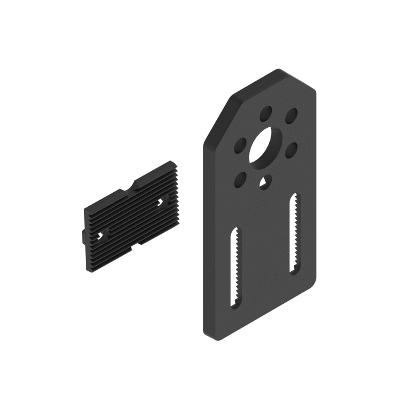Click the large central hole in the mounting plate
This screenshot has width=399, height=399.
coord(265,147)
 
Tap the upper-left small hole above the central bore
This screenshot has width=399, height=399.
coord(266,114)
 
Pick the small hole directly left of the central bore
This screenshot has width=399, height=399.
coord(240,146)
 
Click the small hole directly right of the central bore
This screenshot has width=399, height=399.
coord(292,150)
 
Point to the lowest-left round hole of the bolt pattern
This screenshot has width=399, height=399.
coord(240,180)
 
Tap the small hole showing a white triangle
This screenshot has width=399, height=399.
coord(265,182)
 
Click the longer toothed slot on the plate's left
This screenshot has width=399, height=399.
coord(235,267)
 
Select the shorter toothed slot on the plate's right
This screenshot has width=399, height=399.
coord(294,233)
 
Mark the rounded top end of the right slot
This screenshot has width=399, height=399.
coord(295,197)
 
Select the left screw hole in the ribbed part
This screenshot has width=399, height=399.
coord(103,236)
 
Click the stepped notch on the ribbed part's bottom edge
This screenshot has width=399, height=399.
coord(136,245)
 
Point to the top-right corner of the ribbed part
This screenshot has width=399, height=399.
coord(172,163)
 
